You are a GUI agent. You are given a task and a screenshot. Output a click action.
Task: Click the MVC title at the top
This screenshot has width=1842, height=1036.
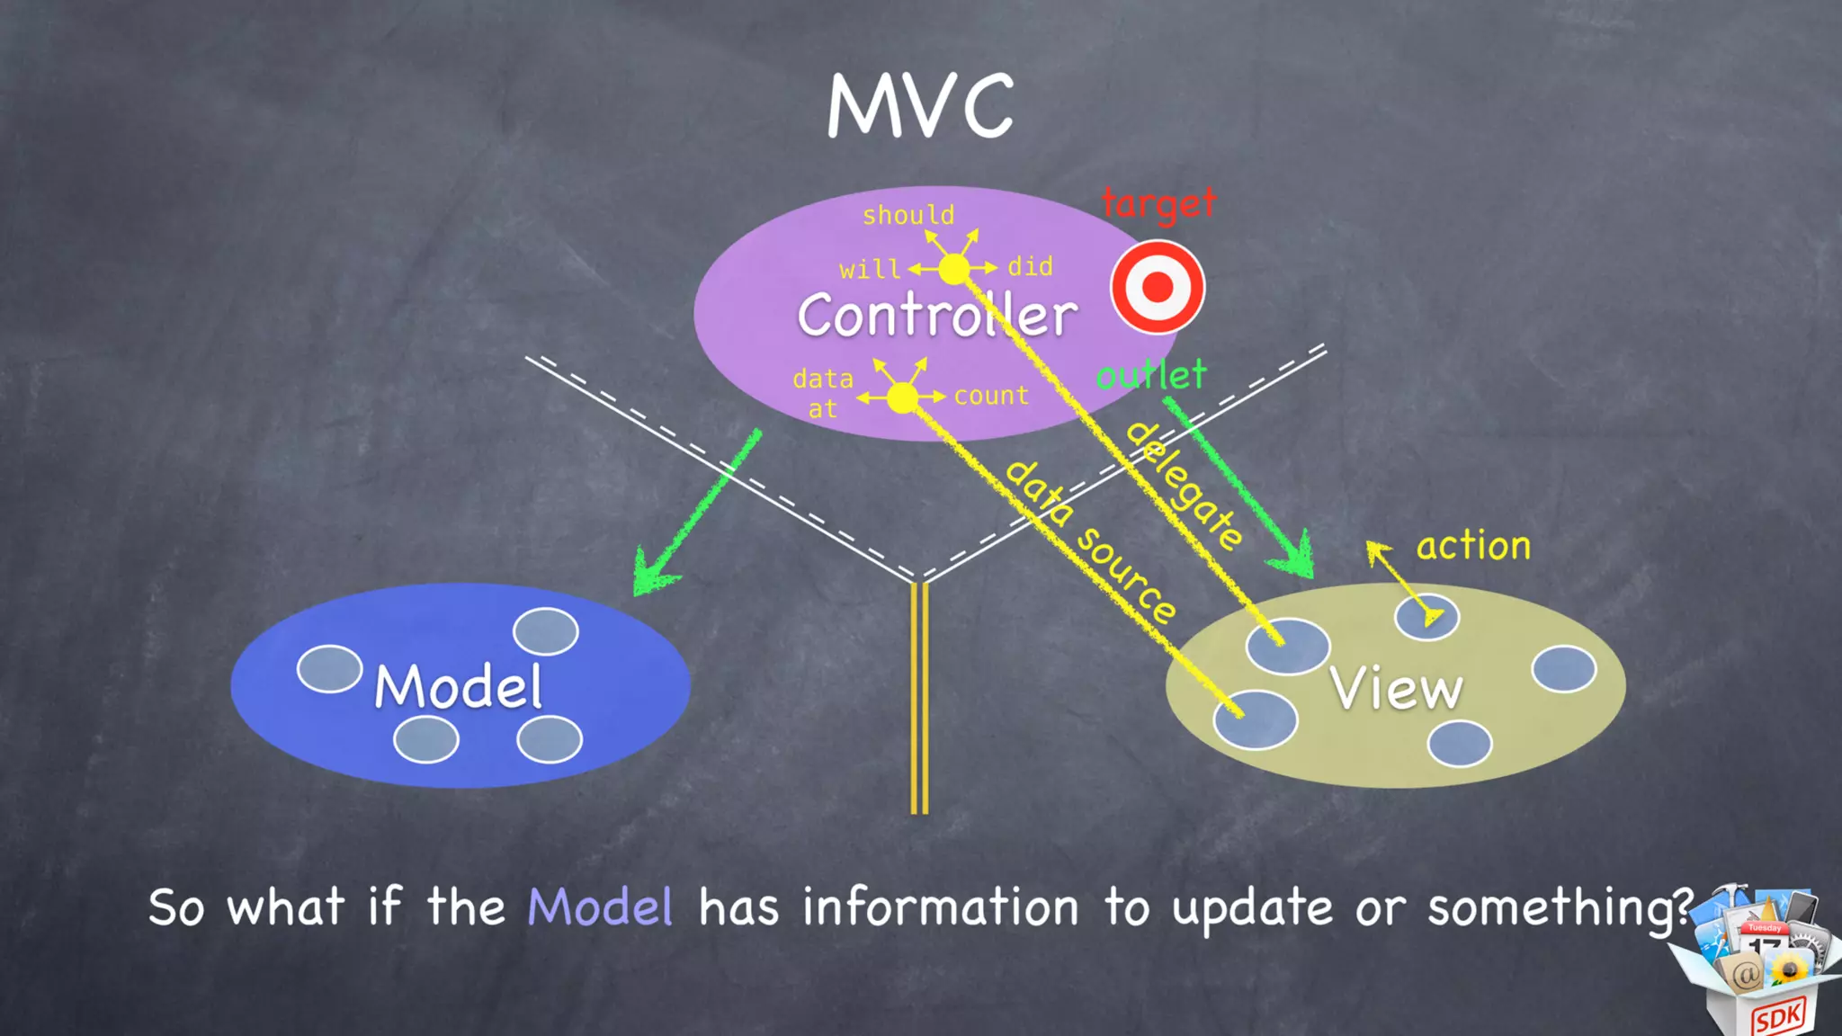[x=920, y=106]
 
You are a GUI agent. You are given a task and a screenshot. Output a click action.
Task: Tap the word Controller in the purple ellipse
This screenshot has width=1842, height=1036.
[x=936, y=315]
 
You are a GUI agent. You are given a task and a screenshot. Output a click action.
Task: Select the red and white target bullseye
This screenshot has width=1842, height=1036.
[x=1158, y=288]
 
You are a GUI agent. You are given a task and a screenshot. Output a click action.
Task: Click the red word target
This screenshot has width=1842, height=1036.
[x=1158, y=204]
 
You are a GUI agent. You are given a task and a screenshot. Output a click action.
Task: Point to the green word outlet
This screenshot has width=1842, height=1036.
[x=1151, y=375]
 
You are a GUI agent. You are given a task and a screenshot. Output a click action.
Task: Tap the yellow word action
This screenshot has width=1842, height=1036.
[x=1473, y=546]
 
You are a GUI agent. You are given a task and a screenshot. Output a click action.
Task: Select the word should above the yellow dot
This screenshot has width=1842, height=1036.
[x=908, y=215]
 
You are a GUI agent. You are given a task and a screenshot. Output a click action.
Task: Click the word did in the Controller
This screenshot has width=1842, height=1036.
[x=1030, y=266]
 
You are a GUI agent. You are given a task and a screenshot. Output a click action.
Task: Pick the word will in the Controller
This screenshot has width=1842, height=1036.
[x=869, y=269]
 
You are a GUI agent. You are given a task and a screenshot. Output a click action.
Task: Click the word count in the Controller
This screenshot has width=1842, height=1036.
[x=991, y=396]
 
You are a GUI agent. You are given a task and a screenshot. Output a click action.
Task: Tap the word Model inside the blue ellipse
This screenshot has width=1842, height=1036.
[x=459, y=687]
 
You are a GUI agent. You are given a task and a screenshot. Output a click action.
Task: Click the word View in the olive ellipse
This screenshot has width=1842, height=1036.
[x=1396, y=690]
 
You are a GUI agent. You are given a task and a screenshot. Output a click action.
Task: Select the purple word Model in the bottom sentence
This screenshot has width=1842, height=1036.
[x=600, y=906]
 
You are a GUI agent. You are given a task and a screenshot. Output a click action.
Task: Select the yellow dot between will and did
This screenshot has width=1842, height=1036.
[x=954, y=268]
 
